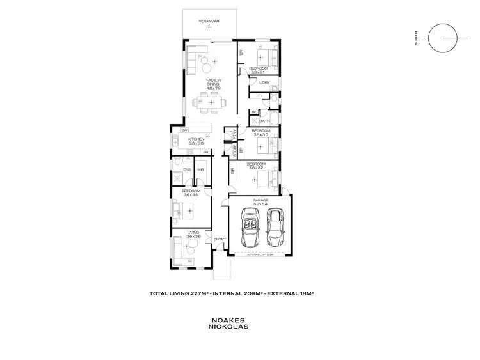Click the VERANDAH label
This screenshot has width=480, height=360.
[209, 22]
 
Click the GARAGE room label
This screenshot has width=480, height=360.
[260, 200]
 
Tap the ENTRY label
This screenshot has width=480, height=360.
[220, 239]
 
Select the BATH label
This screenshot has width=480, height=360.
[264, 120]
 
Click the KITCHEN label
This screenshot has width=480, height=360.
[196, 139]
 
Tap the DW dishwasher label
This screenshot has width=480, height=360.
[174, 130]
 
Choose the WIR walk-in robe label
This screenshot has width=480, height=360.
[200, 169]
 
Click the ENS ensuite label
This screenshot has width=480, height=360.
[187, 169]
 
